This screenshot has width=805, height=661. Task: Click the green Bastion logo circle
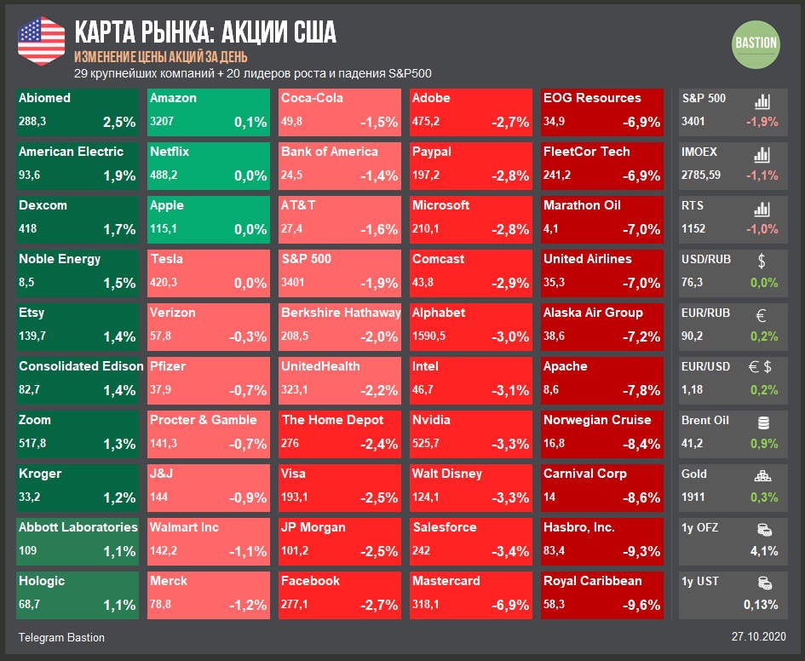[756, 43]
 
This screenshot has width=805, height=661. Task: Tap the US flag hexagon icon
[41, 41]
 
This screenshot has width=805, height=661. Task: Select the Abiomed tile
[77, 111]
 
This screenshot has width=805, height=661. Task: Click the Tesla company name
[166, 259]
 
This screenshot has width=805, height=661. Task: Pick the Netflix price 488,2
[165, 175]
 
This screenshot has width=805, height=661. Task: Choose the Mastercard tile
[472, 594]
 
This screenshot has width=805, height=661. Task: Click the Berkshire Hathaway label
[341, 313]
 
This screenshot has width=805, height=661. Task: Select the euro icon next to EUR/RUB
[762, 315]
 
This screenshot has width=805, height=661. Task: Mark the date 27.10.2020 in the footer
[758, 637]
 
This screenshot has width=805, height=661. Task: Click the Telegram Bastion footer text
[61, 637]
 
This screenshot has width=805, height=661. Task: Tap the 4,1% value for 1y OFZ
[763, 551]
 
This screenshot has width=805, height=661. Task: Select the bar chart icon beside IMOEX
[762, 155]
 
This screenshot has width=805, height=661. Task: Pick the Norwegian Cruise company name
[597, 420]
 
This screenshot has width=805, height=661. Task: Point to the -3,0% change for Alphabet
[510, 336]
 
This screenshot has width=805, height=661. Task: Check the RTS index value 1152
[693, 229]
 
